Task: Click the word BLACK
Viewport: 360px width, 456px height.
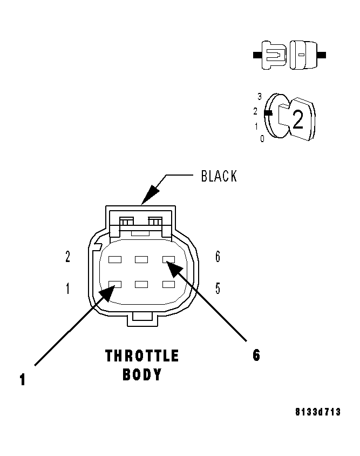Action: [x=219, y=176]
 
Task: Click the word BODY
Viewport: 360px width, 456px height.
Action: [x=142, y=374]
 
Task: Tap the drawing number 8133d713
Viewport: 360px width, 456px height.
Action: [x=318, y=412]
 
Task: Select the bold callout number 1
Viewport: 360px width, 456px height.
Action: [x=22, y=380]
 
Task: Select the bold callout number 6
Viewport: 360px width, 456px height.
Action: [x=256, y=356]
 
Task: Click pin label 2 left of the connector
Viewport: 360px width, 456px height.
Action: [x=67, y=257]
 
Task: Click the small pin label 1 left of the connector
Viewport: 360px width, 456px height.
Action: [x=67, y=289]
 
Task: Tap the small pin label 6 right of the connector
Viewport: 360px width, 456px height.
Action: [x=218, y=257]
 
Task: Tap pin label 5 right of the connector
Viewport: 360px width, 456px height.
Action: [x=218, y=289]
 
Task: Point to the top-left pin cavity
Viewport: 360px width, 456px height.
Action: [x=114, y=259]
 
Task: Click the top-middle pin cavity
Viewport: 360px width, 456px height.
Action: [x=141, y=259]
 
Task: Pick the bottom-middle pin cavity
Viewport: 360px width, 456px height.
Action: [x=141, y=284]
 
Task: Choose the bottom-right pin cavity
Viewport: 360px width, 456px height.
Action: [x=169, y=284]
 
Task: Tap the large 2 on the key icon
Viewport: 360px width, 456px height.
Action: [x=297, y=119]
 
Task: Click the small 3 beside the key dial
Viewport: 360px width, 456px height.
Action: [x=260, y=97]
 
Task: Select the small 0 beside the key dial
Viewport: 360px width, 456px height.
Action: [x=262, y=139]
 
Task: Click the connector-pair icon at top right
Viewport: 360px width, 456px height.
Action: [x=289, y=55]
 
